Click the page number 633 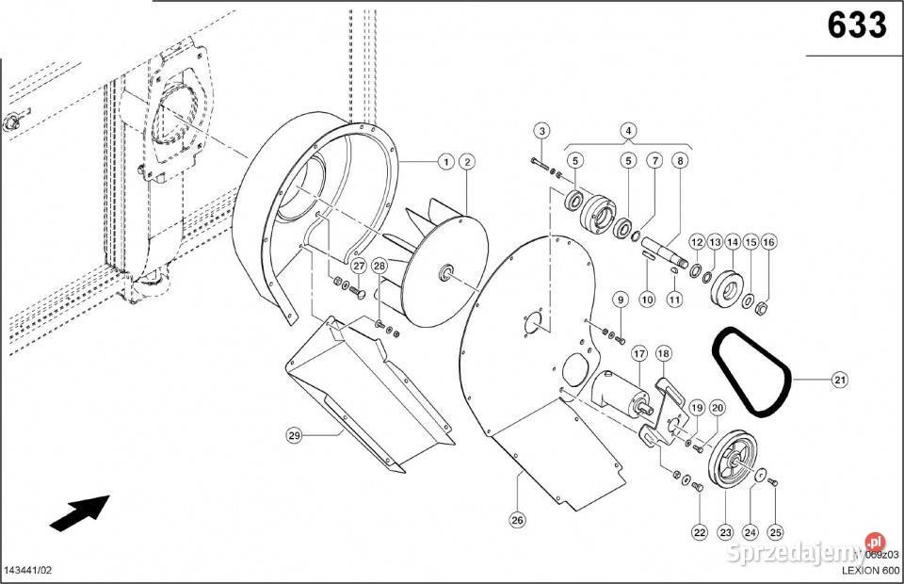click(x=857, y=25)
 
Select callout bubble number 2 click(x=466, y=162)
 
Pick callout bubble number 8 click(x=679, y=161)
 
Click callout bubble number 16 click(x=768, y=243)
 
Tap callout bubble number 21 click(x=839, y=381)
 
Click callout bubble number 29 click(x=295, y=435)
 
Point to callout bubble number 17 click(x=638, y=354)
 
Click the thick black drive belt click(x=751, y=372)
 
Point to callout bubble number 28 click(x=379, y=268)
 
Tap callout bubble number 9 click(x=619, y=300)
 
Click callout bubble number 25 click(x=776, y=532)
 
